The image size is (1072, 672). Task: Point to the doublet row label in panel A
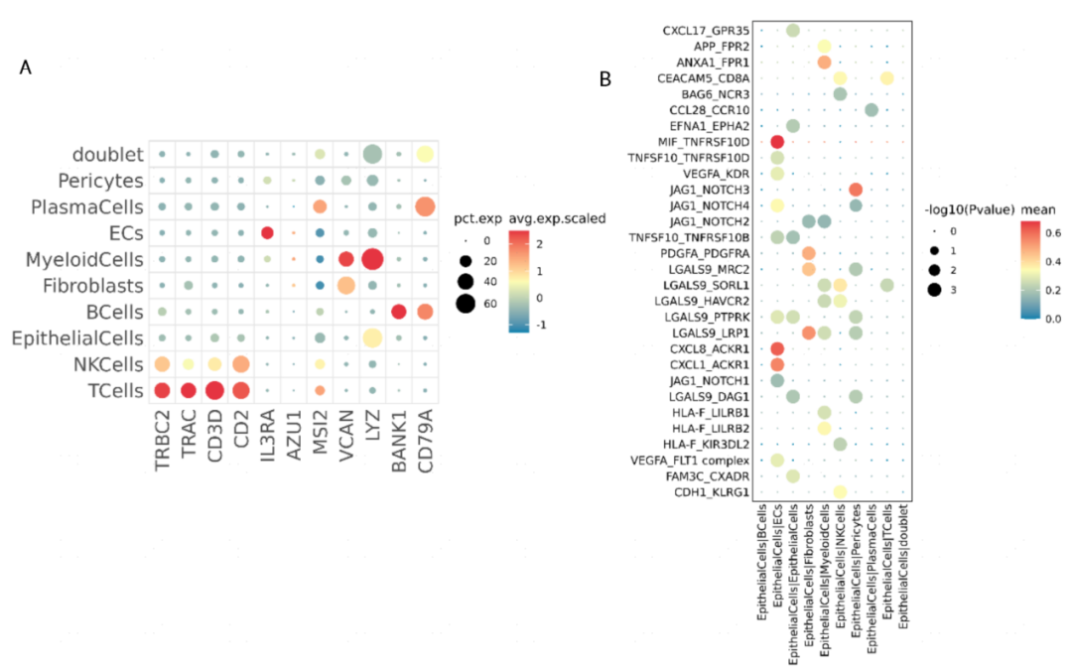105,155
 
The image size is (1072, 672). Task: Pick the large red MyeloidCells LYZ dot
372,259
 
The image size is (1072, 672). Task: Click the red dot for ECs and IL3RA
267,233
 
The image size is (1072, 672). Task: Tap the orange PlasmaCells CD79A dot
425,206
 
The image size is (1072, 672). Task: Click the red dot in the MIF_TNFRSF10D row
777,142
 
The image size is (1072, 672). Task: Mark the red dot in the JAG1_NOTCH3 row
856,190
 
